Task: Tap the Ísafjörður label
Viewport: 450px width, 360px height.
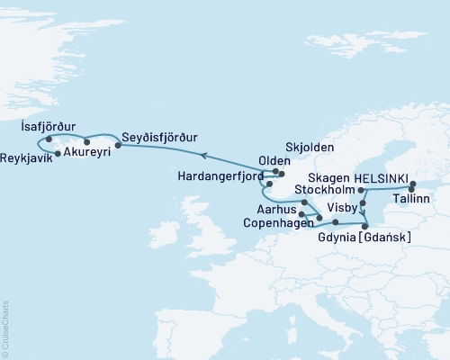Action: pos(49,128)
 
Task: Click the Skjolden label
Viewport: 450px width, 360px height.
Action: pos(309,147)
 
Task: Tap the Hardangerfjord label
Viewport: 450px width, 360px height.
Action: pos(228,176)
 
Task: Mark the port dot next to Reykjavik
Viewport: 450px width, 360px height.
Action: pos(58,154)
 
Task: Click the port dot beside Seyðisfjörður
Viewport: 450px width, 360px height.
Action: pos(118,143)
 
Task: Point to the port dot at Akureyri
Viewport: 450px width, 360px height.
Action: pos(86,142)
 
